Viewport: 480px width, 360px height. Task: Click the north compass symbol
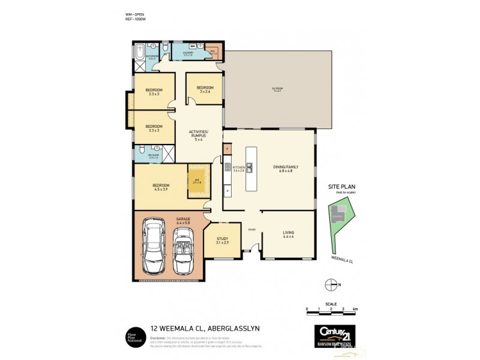(x=329, y=284)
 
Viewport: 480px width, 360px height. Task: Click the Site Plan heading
(x=341, y=187)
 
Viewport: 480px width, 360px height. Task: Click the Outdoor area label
(x=277, y=89)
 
